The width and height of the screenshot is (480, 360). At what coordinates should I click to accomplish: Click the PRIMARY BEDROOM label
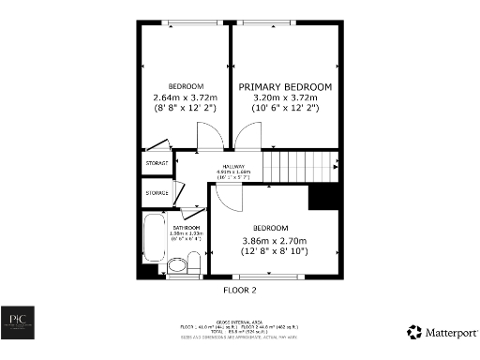285,87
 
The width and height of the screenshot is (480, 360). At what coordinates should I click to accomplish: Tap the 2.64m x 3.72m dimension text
185,97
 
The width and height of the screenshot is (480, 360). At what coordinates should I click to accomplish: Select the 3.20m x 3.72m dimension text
285,97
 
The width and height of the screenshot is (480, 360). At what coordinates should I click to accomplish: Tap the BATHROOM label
186,228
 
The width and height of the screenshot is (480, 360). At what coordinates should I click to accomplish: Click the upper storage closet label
157,163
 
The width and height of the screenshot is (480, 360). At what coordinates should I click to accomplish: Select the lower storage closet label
157,193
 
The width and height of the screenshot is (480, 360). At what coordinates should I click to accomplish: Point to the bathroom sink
175,265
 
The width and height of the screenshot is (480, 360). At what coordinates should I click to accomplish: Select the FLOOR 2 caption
239,291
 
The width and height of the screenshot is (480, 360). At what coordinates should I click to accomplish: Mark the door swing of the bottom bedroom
228,197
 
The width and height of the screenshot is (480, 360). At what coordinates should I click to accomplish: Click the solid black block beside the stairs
322,197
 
